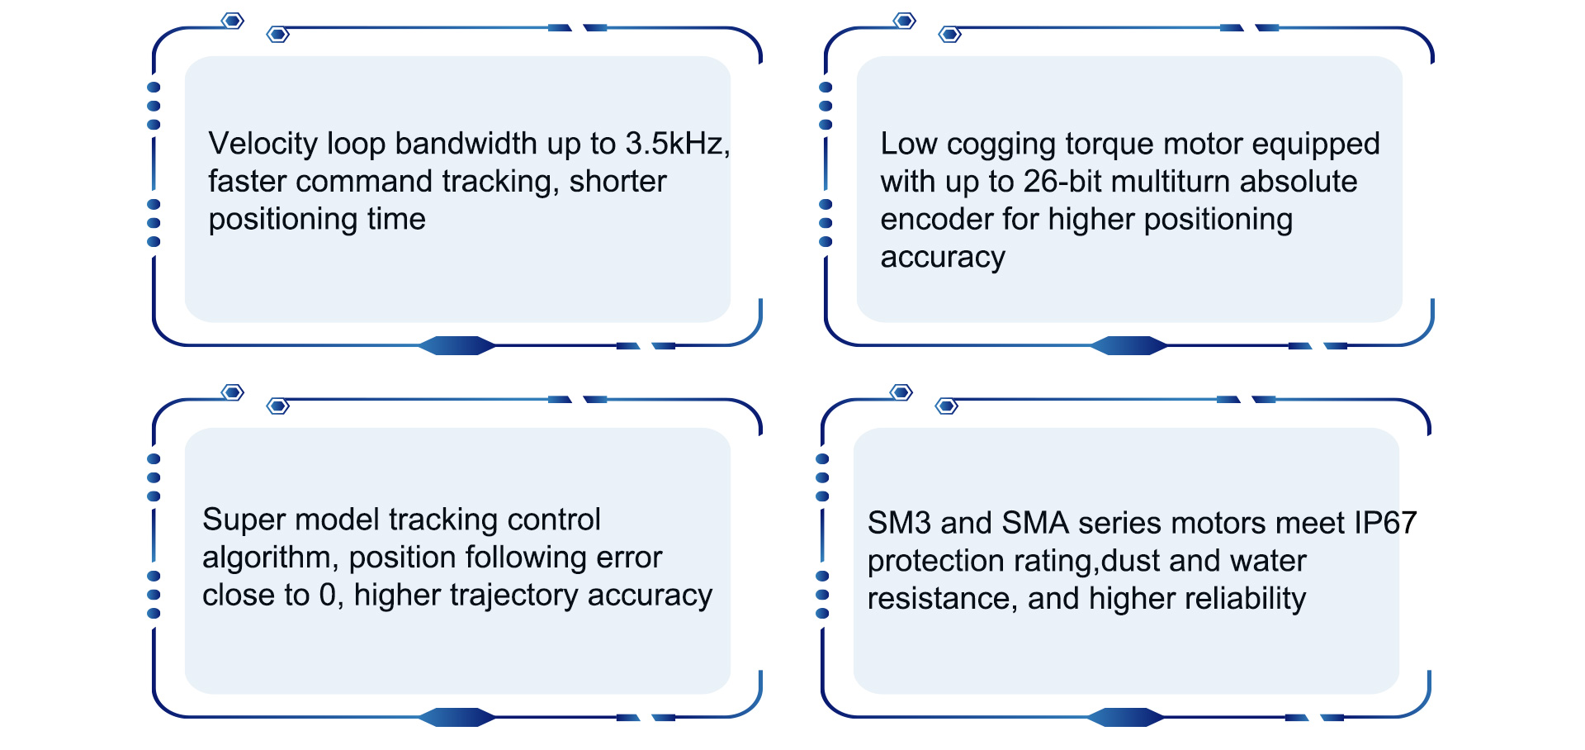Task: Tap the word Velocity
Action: tap(263, 144)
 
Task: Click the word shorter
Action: tap(617, 182)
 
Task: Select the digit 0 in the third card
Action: tap(328, 596)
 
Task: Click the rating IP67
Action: tap(1385, 523)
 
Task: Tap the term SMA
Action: tap(1035, 523)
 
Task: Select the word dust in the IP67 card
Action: tap(1131, 561)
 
